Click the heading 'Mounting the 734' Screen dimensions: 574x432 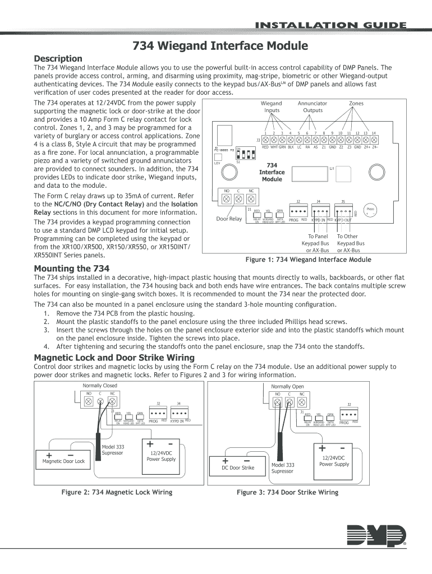(x=72, y=268)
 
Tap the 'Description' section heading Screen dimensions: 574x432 (x=58, y=58)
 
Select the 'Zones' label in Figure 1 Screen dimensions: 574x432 (x=356, y=104)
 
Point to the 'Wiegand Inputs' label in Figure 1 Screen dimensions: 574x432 (x=272, y=107)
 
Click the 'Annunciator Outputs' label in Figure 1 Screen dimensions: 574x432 (x=312, y=107)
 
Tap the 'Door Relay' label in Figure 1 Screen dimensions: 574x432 (x=229, y=219)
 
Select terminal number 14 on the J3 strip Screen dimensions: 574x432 (x=374, y=139)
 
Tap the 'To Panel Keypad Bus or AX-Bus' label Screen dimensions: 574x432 (x=315, y=243)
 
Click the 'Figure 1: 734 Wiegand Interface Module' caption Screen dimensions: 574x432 (x=309, y=260)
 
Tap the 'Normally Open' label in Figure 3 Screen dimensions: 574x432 (x=287, y=387)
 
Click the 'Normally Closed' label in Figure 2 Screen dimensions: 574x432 (x=100, y=386)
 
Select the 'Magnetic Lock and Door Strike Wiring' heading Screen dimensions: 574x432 (x=114, y=357)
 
